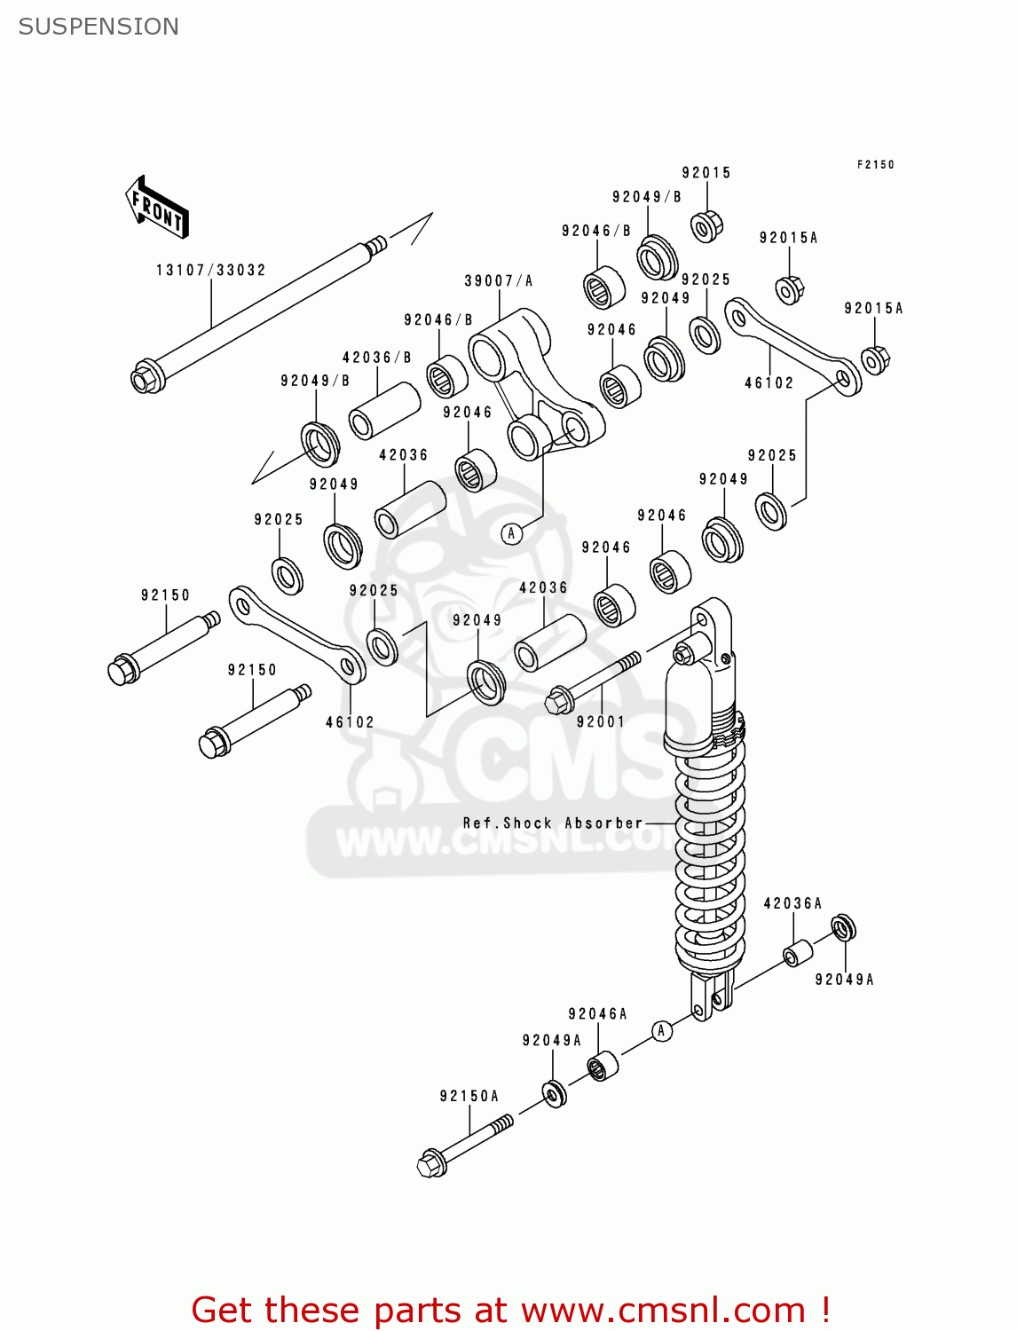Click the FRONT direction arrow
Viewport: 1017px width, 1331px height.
tap(157, 208)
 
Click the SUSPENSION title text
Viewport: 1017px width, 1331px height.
tap(99, 27)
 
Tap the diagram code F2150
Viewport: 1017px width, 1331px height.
tap(875, 164)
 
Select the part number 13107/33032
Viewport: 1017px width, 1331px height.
tap(210, 270)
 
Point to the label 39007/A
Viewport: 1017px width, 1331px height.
tap(498, 281)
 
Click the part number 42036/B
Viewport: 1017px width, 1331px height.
tap(377, 358)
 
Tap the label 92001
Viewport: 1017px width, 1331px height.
tap(601, 721)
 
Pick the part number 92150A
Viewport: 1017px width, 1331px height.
tap(469, 1096)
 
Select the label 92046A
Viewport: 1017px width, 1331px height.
tap(597, 1013)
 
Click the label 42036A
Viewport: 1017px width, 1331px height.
tap(792, 903)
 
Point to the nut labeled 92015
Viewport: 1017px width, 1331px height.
tap(706, 226)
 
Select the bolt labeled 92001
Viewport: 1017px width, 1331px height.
tap(590, 683)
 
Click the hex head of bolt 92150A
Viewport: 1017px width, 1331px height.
tap(431, 1163)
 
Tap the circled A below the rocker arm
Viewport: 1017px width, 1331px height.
tap(511, 533)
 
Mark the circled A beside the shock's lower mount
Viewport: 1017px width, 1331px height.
tap(660, 1030)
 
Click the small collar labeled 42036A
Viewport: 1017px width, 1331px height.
tap(797, 955)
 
